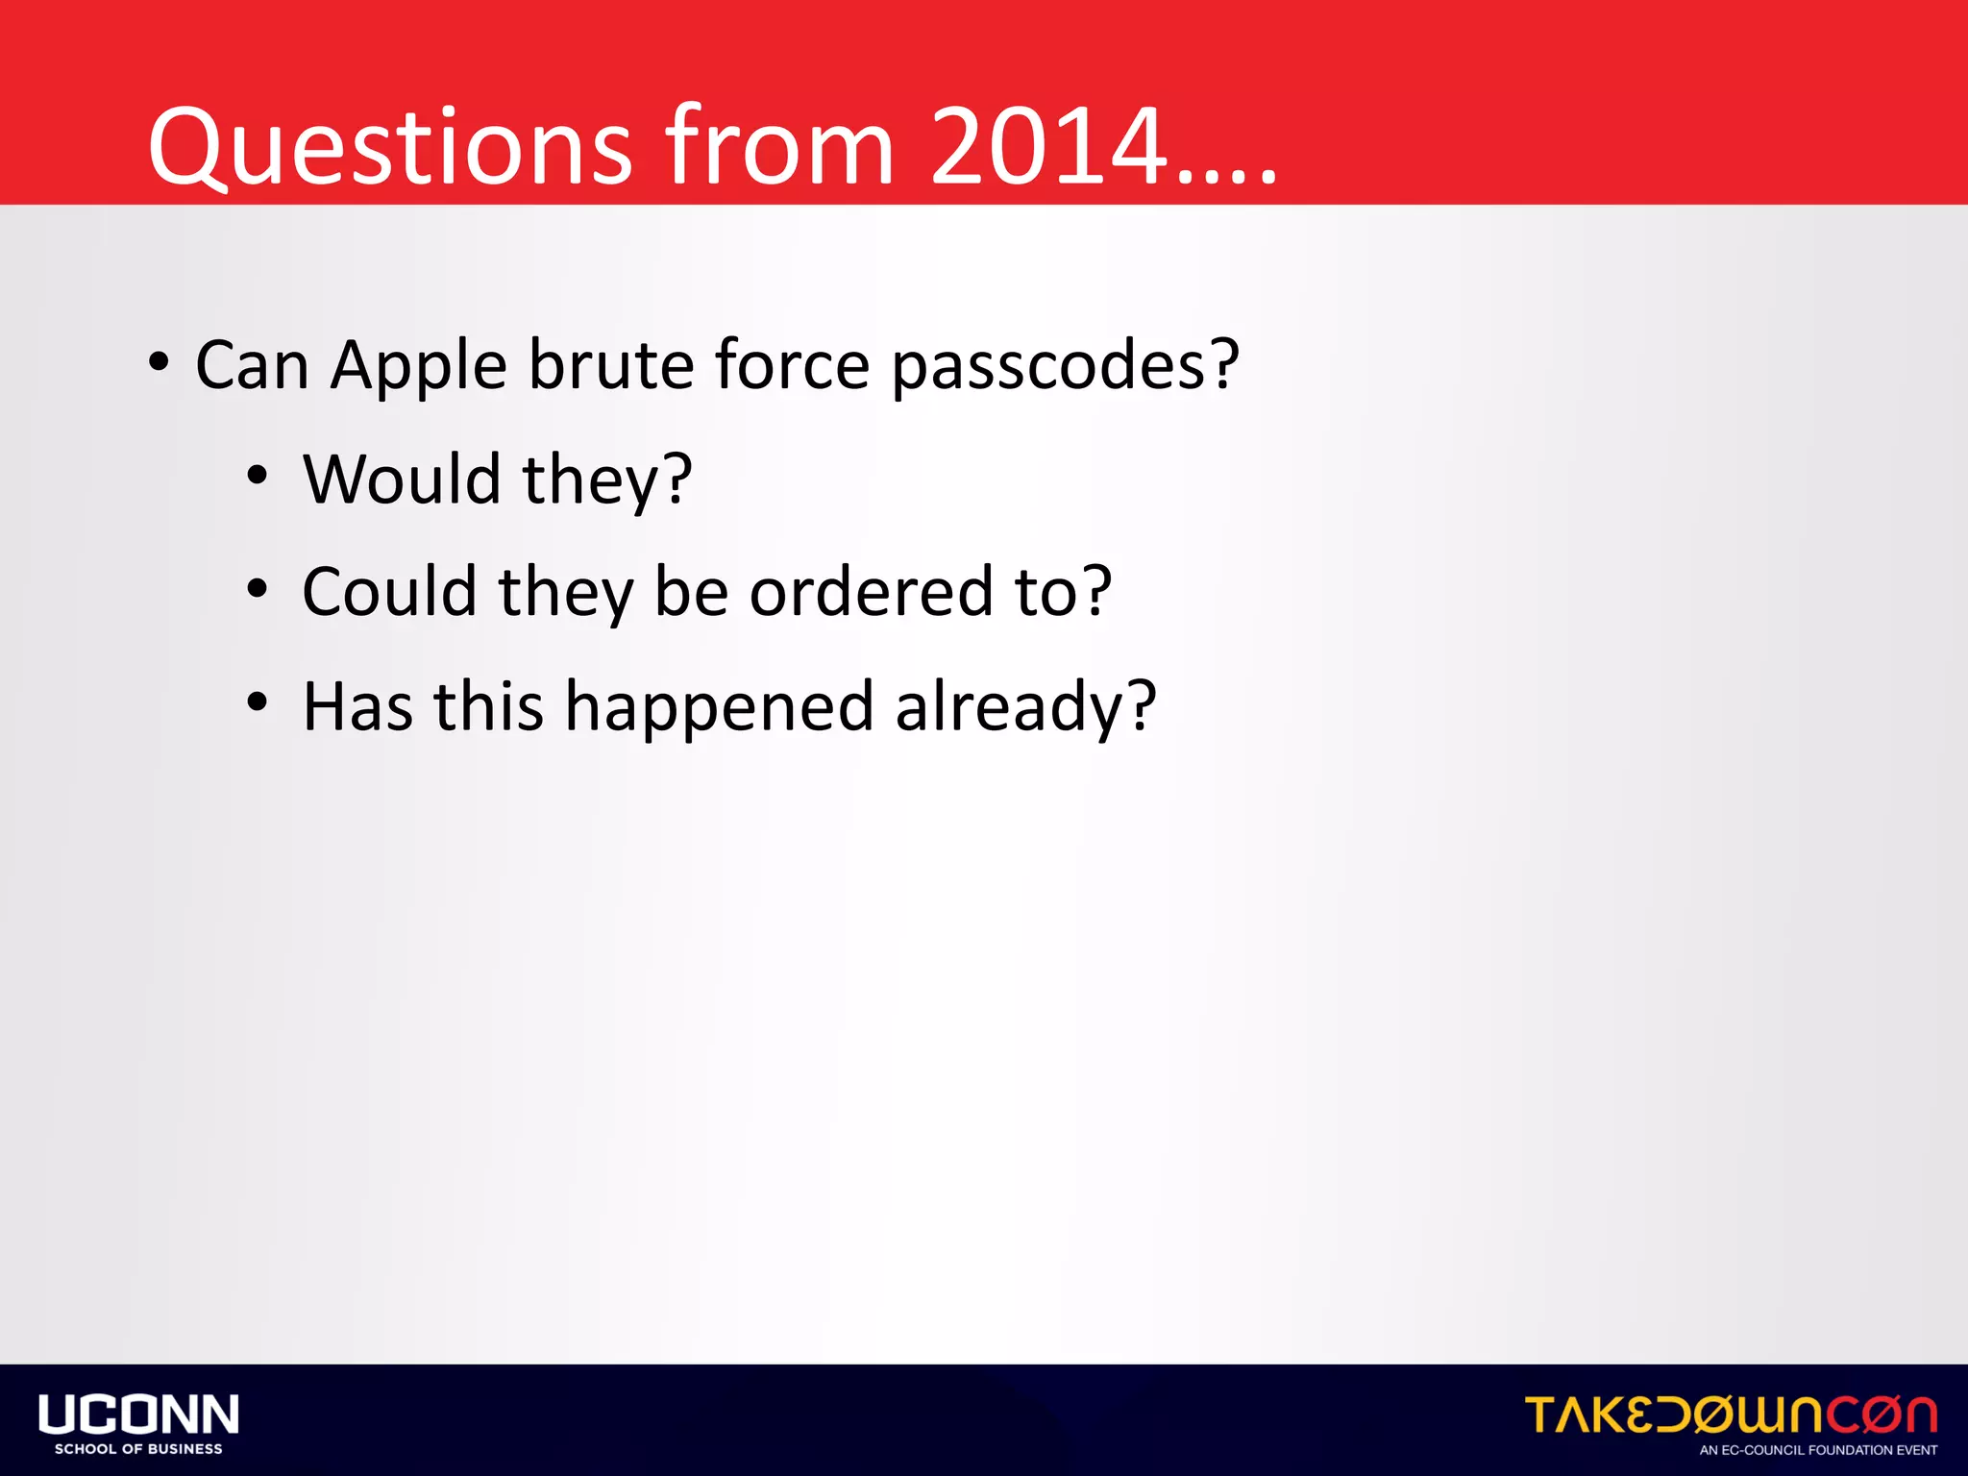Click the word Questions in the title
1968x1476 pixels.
[x=389, y=146]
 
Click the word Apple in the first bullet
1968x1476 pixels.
[x=418, y=366]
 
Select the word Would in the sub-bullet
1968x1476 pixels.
[x=402, y=479]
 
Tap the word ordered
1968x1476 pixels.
[x=871, y=592]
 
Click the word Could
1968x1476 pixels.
[x=389, y=592]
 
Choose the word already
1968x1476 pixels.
[x=1024, y=707]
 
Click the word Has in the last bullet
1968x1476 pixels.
[x=357, y=707]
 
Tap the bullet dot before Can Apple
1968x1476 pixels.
[x=160, y=363]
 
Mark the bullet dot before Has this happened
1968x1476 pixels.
[x=257, y=702]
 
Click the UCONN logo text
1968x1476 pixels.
[x=138, y=1414]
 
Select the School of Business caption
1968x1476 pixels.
[x=138, y=1449]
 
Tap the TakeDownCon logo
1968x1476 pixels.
[x=1731, y=1414]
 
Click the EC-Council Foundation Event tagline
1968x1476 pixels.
[x=1818, y=1450]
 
